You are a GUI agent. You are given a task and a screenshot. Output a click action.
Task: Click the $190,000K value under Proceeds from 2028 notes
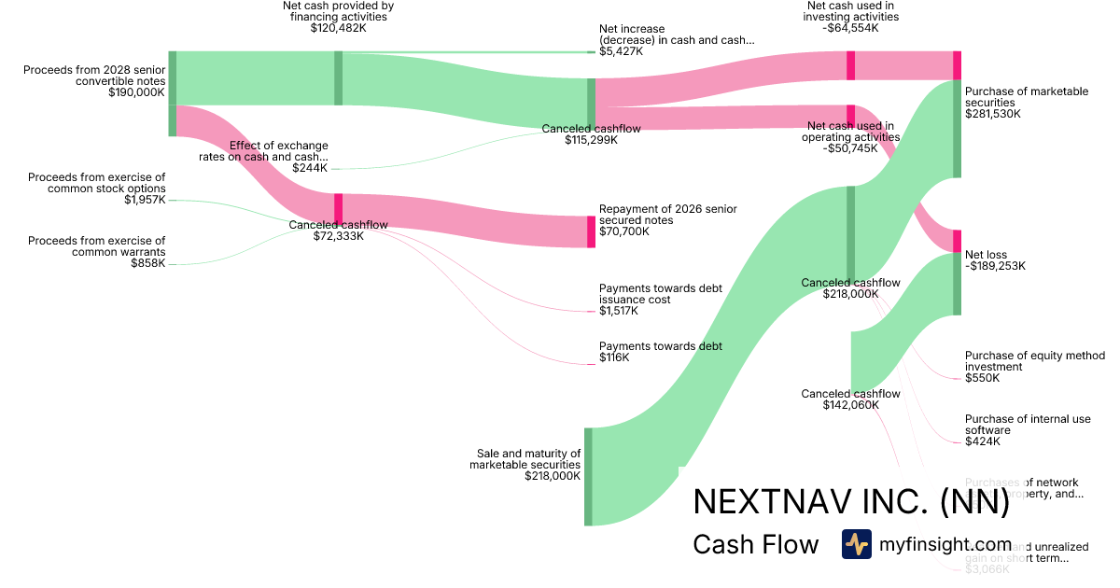[136, 93]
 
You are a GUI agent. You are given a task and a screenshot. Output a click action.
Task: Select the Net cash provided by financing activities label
[338, 11]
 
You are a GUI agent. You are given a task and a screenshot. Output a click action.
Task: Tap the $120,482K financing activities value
[338, 29]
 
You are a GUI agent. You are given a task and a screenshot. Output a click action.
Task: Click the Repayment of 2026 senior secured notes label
[667, 215]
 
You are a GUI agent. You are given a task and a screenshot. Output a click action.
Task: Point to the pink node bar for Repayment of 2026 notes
[591, 231]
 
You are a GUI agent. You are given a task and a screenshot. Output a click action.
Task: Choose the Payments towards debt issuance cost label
[660, 294]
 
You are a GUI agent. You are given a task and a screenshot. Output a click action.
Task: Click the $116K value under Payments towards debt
[614, 357]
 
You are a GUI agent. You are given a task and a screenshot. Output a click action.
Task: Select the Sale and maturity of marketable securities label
[525, 459]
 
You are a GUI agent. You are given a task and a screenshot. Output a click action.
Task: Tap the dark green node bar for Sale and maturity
[588, 476]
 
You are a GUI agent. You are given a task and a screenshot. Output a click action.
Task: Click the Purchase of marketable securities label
[1026, 97]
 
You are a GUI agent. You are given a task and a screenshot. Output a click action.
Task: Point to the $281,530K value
[993, 114]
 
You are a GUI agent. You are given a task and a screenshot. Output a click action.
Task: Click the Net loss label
[986, 255]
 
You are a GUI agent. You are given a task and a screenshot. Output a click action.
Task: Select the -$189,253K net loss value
[995, 266]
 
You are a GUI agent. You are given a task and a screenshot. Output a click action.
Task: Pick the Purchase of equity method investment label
[1034, 361]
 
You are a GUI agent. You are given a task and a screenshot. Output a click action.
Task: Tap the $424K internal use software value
[982, 441]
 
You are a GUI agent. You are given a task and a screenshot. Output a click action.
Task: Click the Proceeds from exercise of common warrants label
[96, 246]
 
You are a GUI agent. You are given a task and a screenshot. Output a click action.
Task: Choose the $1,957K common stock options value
[145, 200]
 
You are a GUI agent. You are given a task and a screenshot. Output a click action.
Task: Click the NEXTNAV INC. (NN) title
[851, 503]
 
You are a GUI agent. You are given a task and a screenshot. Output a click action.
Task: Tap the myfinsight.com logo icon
[856, 544]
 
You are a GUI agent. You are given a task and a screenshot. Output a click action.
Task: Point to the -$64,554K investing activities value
[851, 28]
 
